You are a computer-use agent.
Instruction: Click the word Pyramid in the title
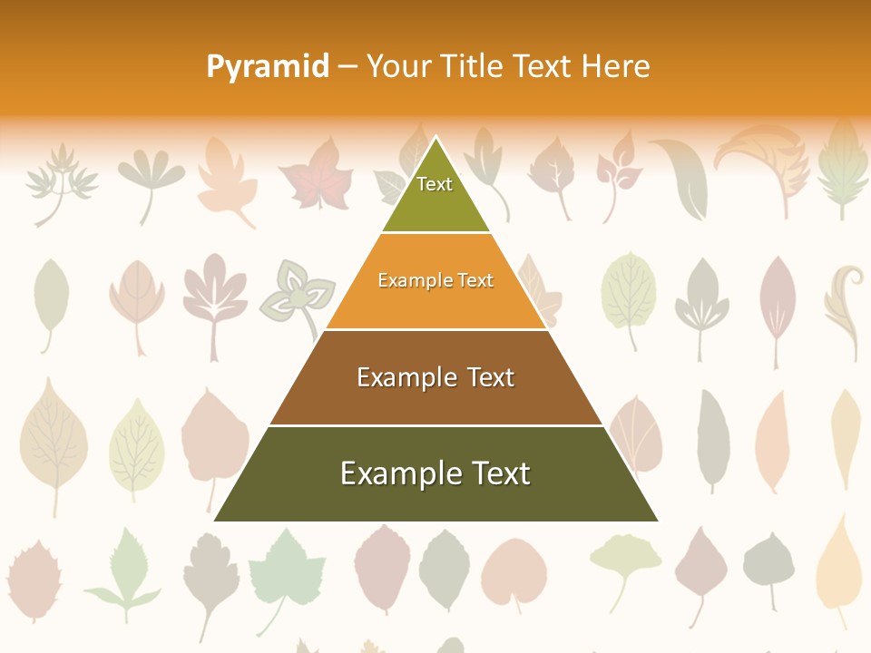click(x=267, y=66)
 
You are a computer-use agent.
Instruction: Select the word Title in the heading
click(x=477, y=66)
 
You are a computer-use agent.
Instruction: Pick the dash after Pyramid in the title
click(x=347, y=67)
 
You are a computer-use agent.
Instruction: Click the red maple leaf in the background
click(x=314, y=175)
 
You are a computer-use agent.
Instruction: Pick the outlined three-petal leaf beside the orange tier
click(x=292, y=294)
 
